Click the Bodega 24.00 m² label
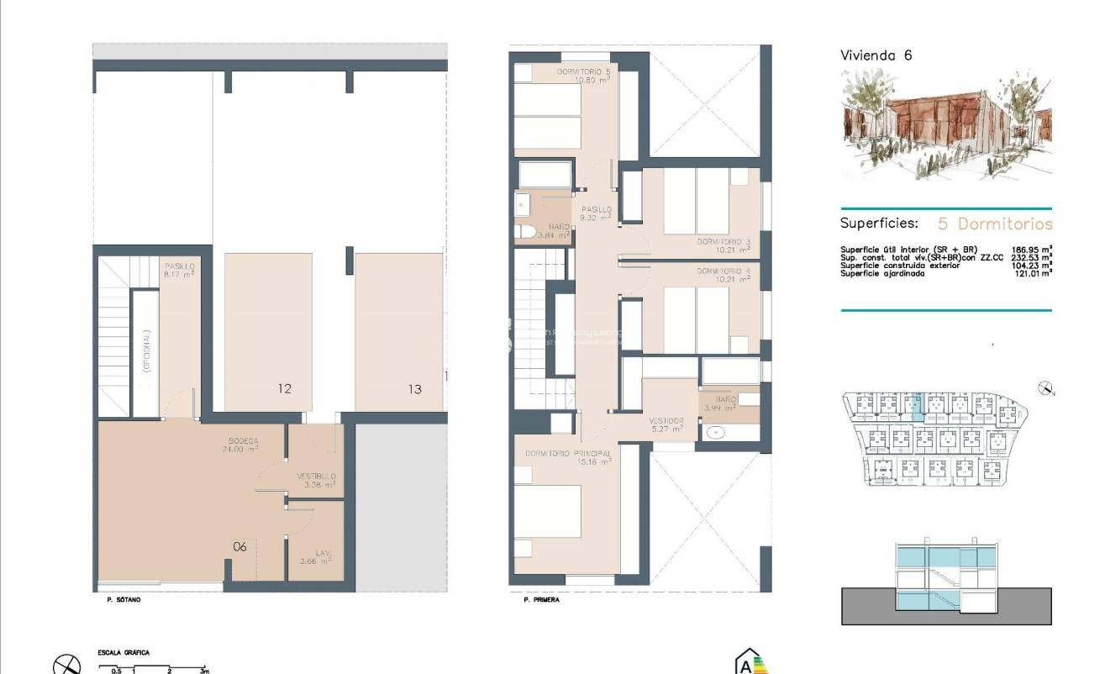[243, 445]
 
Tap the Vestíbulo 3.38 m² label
[316, 480]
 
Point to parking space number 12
[284, 389]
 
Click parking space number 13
[414, 389]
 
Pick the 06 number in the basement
[240, 547]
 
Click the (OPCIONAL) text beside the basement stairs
[146, 351]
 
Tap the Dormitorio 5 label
[583, 76]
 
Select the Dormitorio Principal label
[567, 457]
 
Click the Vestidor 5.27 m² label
[666, 424]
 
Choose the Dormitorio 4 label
[723, 276]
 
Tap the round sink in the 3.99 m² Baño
[716, 433]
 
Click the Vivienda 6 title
[876, 55]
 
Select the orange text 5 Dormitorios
[995, 224]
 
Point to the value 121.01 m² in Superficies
[1033, 273]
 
